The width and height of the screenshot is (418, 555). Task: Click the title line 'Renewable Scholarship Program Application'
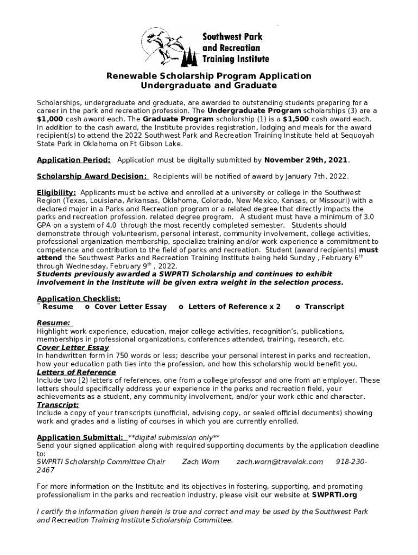pos(208,76)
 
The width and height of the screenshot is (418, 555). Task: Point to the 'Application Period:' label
pos(74,160)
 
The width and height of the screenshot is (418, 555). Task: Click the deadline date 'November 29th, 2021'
pos(306,160)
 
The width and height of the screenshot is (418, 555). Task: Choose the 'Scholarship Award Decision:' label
pos(92,177)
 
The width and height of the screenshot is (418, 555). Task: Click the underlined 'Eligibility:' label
pos(56,193)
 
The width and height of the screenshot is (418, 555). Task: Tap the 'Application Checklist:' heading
pos(79,299)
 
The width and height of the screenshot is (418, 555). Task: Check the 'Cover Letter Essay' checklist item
pos(130,307)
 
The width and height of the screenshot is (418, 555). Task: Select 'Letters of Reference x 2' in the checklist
pos(234,307)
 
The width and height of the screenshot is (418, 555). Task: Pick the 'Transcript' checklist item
pos(324,307)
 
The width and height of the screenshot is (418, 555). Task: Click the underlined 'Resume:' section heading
pos(53,323)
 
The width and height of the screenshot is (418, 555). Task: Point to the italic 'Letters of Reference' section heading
pos(76,372)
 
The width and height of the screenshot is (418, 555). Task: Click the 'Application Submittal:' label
pos(80,437)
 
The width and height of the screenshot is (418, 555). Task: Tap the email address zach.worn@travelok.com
pos(280,462)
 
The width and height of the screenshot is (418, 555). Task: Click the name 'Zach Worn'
pos(201,462)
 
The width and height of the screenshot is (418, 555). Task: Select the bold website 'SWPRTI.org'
pos(334,495)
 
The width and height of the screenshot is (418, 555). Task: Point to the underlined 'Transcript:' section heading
pos(58,405)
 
